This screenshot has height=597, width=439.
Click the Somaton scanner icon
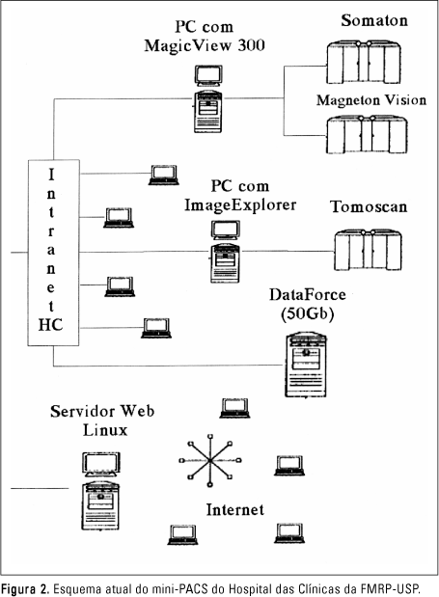tap(364, 63)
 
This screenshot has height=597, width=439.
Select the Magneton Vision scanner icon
tap(367, 135)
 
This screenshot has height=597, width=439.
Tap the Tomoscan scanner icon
tap(369, 250)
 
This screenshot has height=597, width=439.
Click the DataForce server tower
tap(306, 365)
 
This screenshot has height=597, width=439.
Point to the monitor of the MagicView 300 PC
tap(208, 76)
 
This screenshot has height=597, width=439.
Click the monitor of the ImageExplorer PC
tap(226, 231)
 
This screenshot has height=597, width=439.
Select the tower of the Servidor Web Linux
tap(100, 505)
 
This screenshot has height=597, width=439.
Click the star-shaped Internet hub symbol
tap(209, 461)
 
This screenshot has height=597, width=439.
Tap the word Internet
tap(234, 510)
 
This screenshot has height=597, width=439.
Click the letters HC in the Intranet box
tap(50, 325)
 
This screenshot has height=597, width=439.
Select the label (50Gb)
tap(307, 314)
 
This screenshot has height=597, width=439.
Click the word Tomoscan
tap(369, 206)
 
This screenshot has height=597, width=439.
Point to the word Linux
tap(105, 430)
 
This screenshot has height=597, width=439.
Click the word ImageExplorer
tap(240, 204)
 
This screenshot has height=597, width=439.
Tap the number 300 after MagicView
tap(251, 45)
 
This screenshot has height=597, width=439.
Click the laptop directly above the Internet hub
tap(234, 408)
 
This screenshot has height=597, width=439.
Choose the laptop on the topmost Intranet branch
tap(164, 176)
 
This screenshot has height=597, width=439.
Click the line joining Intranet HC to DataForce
tap(168, 366)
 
